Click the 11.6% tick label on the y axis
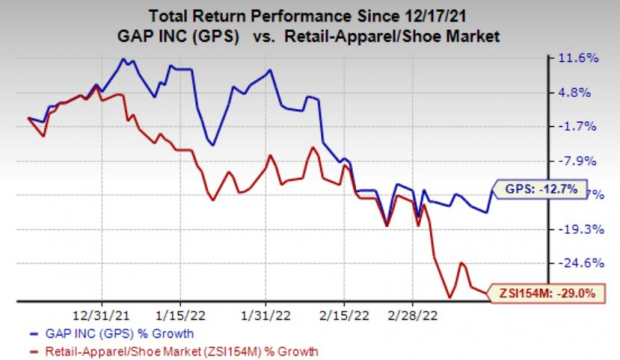580,58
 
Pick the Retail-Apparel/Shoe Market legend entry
186,351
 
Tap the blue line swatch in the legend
40,334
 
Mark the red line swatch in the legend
40,351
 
